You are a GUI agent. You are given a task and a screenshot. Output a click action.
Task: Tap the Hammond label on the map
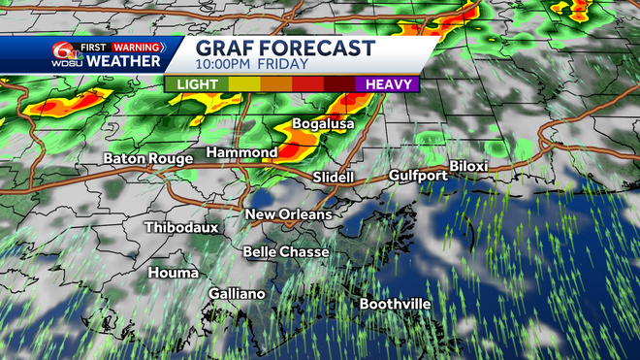[242, 152]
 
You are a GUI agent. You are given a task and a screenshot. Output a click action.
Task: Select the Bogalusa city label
[324, 124]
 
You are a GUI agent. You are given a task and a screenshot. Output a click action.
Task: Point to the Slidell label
[334, 178]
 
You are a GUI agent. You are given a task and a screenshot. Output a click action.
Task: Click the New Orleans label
[288, 214]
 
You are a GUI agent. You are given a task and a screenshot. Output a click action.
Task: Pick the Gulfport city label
[418, 176]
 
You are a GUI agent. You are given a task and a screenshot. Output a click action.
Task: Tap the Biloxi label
[467, 166]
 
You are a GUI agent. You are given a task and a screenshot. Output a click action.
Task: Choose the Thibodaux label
[181, 227]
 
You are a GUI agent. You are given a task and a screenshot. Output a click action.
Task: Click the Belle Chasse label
[286, 251]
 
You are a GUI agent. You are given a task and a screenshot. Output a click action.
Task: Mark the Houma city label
[174, 273]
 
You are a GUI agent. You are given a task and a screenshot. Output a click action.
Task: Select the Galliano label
[236, 293]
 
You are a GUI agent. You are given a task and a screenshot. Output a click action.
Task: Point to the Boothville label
[395, 304]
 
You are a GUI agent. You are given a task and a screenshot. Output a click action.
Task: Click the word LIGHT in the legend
[197, 84]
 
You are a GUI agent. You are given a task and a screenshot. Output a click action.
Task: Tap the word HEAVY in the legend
[385, 84]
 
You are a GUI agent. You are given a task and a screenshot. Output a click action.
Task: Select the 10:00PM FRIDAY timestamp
[251, 64]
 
